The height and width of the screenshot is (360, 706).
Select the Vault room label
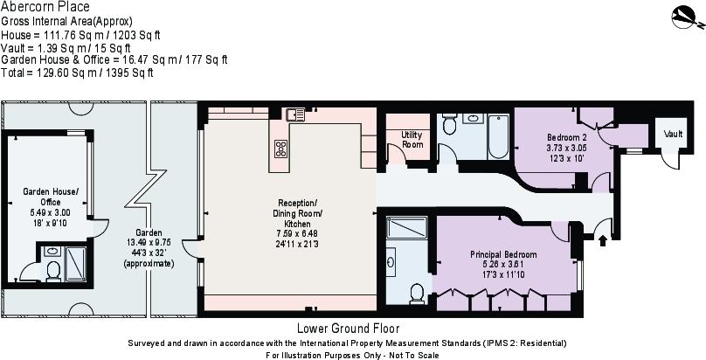pos(672,135)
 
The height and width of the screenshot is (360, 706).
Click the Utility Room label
pos(411,139)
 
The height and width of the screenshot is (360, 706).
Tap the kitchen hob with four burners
pos(281,148)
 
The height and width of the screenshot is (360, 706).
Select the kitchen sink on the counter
pos(294,114)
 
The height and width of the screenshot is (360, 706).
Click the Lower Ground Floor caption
pos(348,329)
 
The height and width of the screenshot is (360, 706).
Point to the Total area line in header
pos(78,73)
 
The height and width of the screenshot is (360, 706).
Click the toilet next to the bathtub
pos(450,123)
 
